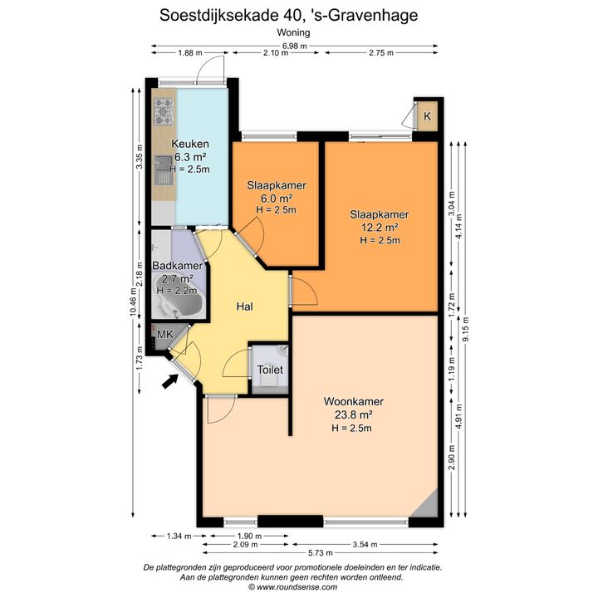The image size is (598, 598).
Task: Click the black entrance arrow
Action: (170, 380)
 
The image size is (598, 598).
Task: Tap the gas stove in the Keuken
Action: (164, 111)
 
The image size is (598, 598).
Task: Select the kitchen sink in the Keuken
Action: (164, 170)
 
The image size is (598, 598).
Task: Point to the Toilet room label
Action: (270, 370)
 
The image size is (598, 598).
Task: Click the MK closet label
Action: (165, 335)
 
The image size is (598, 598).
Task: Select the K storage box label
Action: (427, 116)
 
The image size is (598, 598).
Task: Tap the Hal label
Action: (244, 306)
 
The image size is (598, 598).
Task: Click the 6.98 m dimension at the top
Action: (294, 47)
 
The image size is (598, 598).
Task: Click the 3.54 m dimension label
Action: (365, 545)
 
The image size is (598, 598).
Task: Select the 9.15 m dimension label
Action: (465, 330)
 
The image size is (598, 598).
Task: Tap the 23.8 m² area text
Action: (354, 414)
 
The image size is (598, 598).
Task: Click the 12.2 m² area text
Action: (380, 228)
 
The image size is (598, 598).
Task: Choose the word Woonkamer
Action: (354, 401)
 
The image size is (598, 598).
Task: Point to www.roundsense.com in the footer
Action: (297, 587)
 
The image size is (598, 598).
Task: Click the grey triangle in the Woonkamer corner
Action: (427, 506)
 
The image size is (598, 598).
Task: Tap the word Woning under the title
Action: (293, 32)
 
